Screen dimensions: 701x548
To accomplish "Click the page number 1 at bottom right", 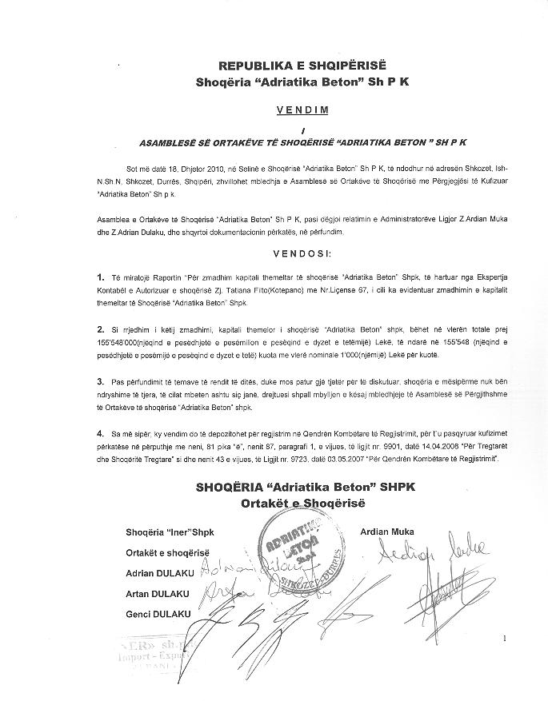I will coord(506,639).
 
